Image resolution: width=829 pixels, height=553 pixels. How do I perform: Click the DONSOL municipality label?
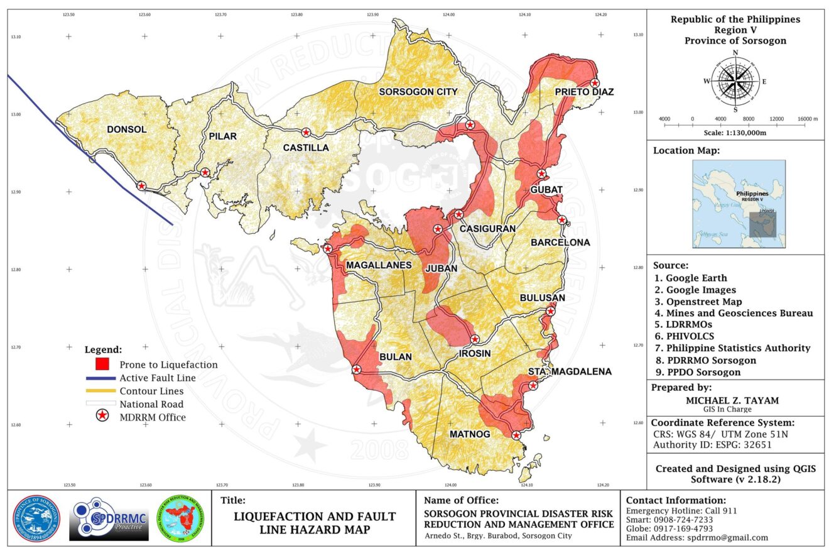[126, 129]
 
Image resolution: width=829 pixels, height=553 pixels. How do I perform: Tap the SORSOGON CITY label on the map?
[418, 92]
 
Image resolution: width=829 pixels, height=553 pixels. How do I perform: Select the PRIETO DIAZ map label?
[583, 92]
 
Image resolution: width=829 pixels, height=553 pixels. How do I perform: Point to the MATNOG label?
[470, 434]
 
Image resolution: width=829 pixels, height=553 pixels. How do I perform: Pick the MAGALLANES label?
[378, 266]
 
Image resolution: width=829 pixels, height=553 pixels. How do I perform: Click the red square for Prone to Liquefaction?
[102, 364]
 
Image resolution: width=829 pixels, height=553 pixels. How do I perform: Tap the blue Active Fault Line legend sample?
[102, 378]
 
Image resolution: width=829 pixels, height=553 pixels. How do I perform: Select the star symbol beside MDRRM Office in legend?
[102, 416]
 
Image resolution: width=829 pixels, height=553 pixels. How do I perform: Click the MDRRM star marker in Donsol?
[141, 185]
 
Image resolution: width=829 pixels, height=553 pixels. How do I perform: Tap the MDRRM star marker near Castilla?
[306, 133]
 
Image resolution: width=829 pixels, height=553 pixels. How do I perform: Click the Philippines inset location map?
[739, 204]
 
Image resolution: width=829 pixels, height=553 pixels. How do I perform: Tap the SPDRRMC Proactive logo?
[108, 519]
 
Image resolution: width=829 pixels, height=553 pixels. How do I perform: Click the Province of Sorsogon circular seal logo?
[38, 518]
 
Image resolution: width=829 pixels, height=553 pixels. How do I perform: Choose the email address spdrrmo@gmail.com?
[697, 537]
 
